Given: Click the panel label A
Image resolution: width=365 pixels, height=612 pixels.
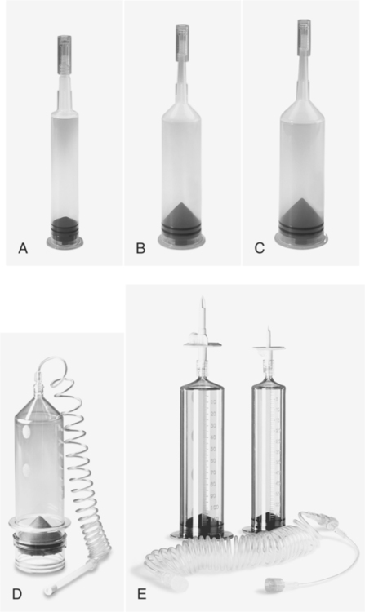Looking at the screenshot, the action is pyautogui.click(x=23, y=248).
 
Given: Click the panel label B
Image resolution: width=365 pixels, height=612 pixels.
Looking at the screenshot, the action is pyautogui.click(x=140, y=248).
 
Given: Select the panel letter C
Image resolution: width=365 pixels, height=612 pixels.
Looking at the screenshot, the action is pyautogui.click(x=259, y=248).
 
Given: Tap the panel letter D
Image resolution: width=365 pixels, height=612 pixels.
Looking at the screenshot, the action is pyautogui.click(x=17, y=594).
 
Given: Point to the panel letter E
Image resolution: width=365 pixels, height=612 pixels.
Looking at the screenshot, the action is pyautogui.click(x=142, y=594).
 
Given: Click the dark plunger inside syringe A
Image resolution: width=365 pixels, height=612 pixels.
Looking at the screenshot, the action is pyautogui.click(x=65, y=227).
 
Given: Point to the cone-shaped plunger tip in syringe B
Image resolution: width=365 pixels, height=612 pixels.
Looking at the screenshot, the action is pyautogui.click(x=182, y=214).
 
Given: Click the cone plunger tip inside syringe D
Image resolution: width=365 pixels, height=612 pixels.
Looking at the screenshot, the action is pyautogui.click(x=38, y=521).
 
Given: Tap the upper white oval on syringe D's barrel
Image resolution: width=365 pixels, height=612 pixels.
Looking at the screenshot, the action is pyautogui.click(x=27, y=432).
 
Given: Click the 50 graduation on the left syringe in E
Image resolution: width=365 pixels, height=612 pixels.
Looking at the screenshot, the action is pyautogui.click(x=213, y=449).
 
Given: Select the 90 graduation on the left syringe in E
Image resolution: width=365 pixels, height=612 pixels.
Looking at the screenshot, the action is pyautogui.click(x=213, y=495).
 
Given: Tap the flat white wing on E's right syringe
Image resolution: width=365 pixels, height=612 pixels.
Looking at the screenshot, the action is pyautogui.click(x=269, y=347).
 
